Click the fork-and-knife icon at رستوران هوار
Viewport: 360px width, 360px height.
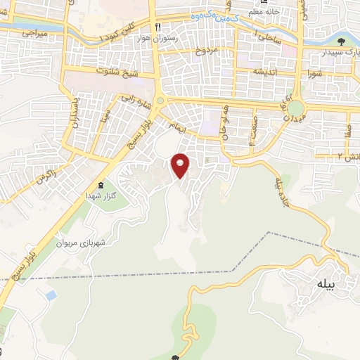(x=159, y=27)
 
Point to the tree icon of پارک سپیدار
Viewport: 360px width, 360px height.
(x=342, y=41)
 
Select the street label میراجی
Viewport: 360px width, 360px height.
(x=33, y=32)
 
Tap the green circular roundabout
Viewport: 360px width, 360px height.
(x=295, y=108)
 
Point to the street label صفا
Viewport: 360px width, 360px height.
(x=349, y=129)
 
